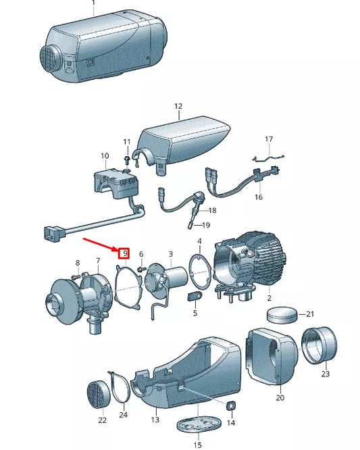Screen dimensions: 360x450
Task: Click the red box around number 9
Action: click(124, 253)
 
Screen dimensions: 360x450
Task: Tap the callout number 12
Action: click(178, 106)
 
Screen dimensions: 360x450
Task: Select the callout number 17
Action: click(269, 139)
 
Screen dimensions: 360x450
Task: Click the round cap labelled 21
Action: click(282, 315)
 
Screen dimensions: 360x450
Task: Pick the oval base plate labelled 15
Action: click(199, 424)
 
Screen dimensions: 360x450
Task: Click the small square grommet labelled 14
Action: click(231, 406)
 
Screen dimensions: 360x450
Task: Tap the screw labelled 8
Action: click(76, 276)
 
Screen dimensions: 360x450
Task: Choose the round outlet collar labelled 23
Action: click(319, 345)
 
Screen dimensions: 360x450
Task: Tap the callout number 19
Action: click(206, 225)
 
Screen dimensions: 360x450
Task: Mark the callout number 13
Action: click(155, 420)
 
